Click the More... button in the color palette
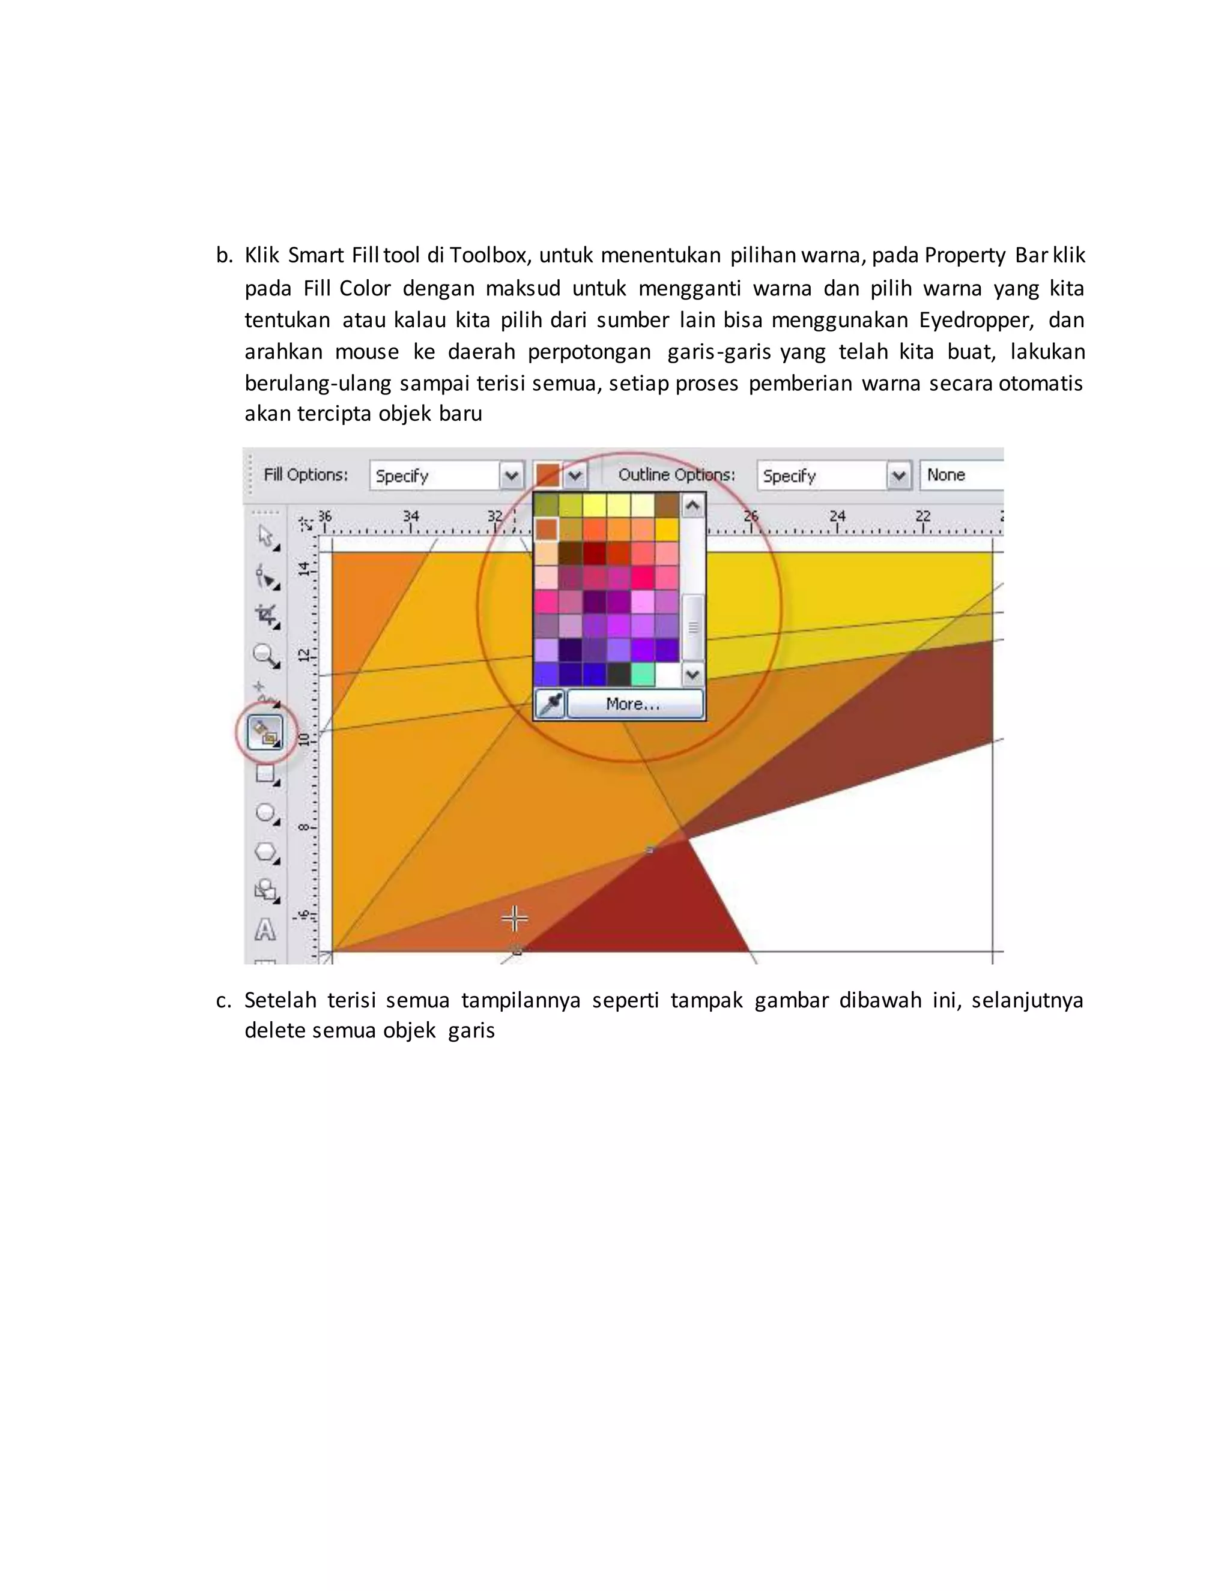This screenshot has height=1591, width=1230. coord(635,704)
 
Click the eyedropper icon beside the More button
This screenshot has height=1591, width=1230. coord(550,704)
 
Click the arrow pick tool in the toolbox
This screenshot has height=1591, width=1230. coord(266,537)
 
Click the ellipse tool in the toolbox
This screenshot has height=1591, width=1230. coord(266,813)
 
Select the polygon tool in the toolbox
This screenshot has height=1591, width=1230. coord(266,853)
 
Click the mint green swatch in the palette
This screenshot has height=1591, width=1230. coord(643,674)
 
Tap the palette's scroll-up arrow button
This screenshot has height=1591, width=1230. coord(693,505)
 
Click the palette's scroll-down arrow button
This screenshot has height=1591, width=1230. coord(693,675)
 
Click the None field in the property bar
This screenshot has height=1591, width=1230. coord(960,475)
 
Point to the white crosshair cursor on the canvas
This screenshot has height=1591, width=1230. coord(515,919)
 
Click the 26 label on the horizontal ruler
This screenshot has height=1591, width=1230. coord(751,516)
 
